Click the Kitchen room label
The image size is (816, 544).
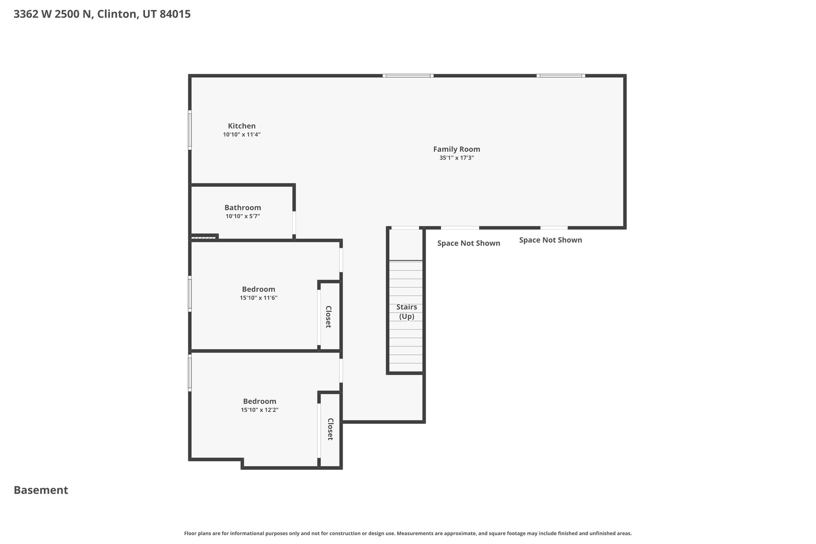pos(241,126)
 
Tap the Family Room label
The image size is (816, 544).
pos(457,149)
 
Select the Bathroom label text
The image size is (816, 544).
pos(243,208)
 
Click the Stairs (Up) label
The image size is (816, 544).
pos(407,312)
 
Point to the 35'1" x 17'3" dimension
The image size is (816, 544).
pos(457,158)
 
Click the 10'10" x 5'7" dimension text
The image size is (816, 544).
pos(243,216)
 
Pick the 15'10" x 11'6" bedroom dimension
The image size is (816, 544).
pos(259,298)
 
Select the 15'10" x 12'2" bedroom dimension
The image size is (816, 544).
pos(260,410)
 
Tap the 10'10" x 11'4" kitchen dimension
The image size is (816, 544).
pos(241,135)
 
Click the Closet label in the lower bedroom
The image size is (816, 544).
pos(330,429)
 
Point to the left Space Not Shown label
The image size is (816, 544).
pos(469,243)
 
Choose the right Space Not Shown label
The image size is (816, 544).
pos(551,240)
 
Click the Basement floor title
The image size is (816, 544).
pos(41,490)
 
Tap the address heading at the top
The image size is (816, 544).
pos(102,14)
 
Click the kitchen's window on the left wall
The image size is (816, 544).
pos(190,130)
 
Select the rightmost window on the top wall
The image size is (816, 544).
pos(561,75)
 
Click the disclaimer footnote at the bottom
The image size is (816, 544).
pos(408,533)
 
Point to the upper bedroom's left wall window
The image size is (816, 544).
pos(190,294)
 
